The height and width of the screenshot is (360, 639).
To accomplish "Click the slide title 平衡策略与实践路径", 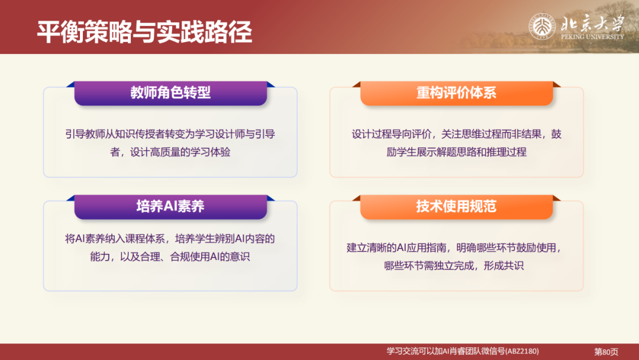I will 144,32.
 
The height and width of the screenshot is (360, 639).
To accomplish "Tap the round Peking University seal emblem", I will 542,27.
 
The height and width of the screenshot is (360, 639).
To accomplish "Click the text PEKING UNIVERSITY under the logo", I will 592,37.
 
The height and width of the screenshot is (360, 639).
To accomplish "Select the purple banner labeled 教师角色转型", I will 170,92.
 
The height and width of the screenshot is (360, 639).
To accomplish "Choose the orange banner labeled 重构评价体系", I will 456,92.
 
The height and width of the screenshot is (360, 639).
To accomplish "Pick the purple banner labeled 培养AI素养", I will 170,206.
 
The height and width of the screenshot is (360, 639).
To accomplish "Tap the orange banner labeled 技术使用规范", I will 456,206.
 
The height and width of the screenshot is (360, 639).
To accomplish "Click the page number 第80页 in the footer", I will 606,352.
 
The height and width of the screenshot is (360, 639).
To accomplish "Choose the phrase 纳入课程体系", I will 139,239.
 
